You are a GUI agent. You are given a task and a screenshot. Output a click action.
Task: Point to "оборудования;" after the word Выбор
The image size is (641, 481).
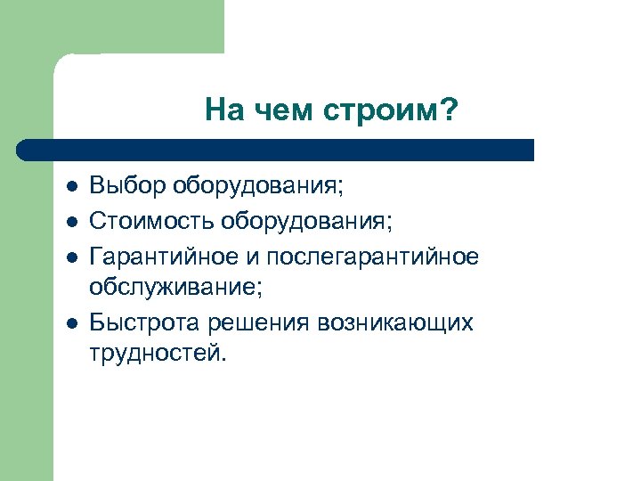pos(259,189)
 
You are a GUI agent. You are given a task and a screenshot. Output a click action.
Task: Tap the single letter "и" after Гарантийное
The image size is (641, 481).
pos(254,257)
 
